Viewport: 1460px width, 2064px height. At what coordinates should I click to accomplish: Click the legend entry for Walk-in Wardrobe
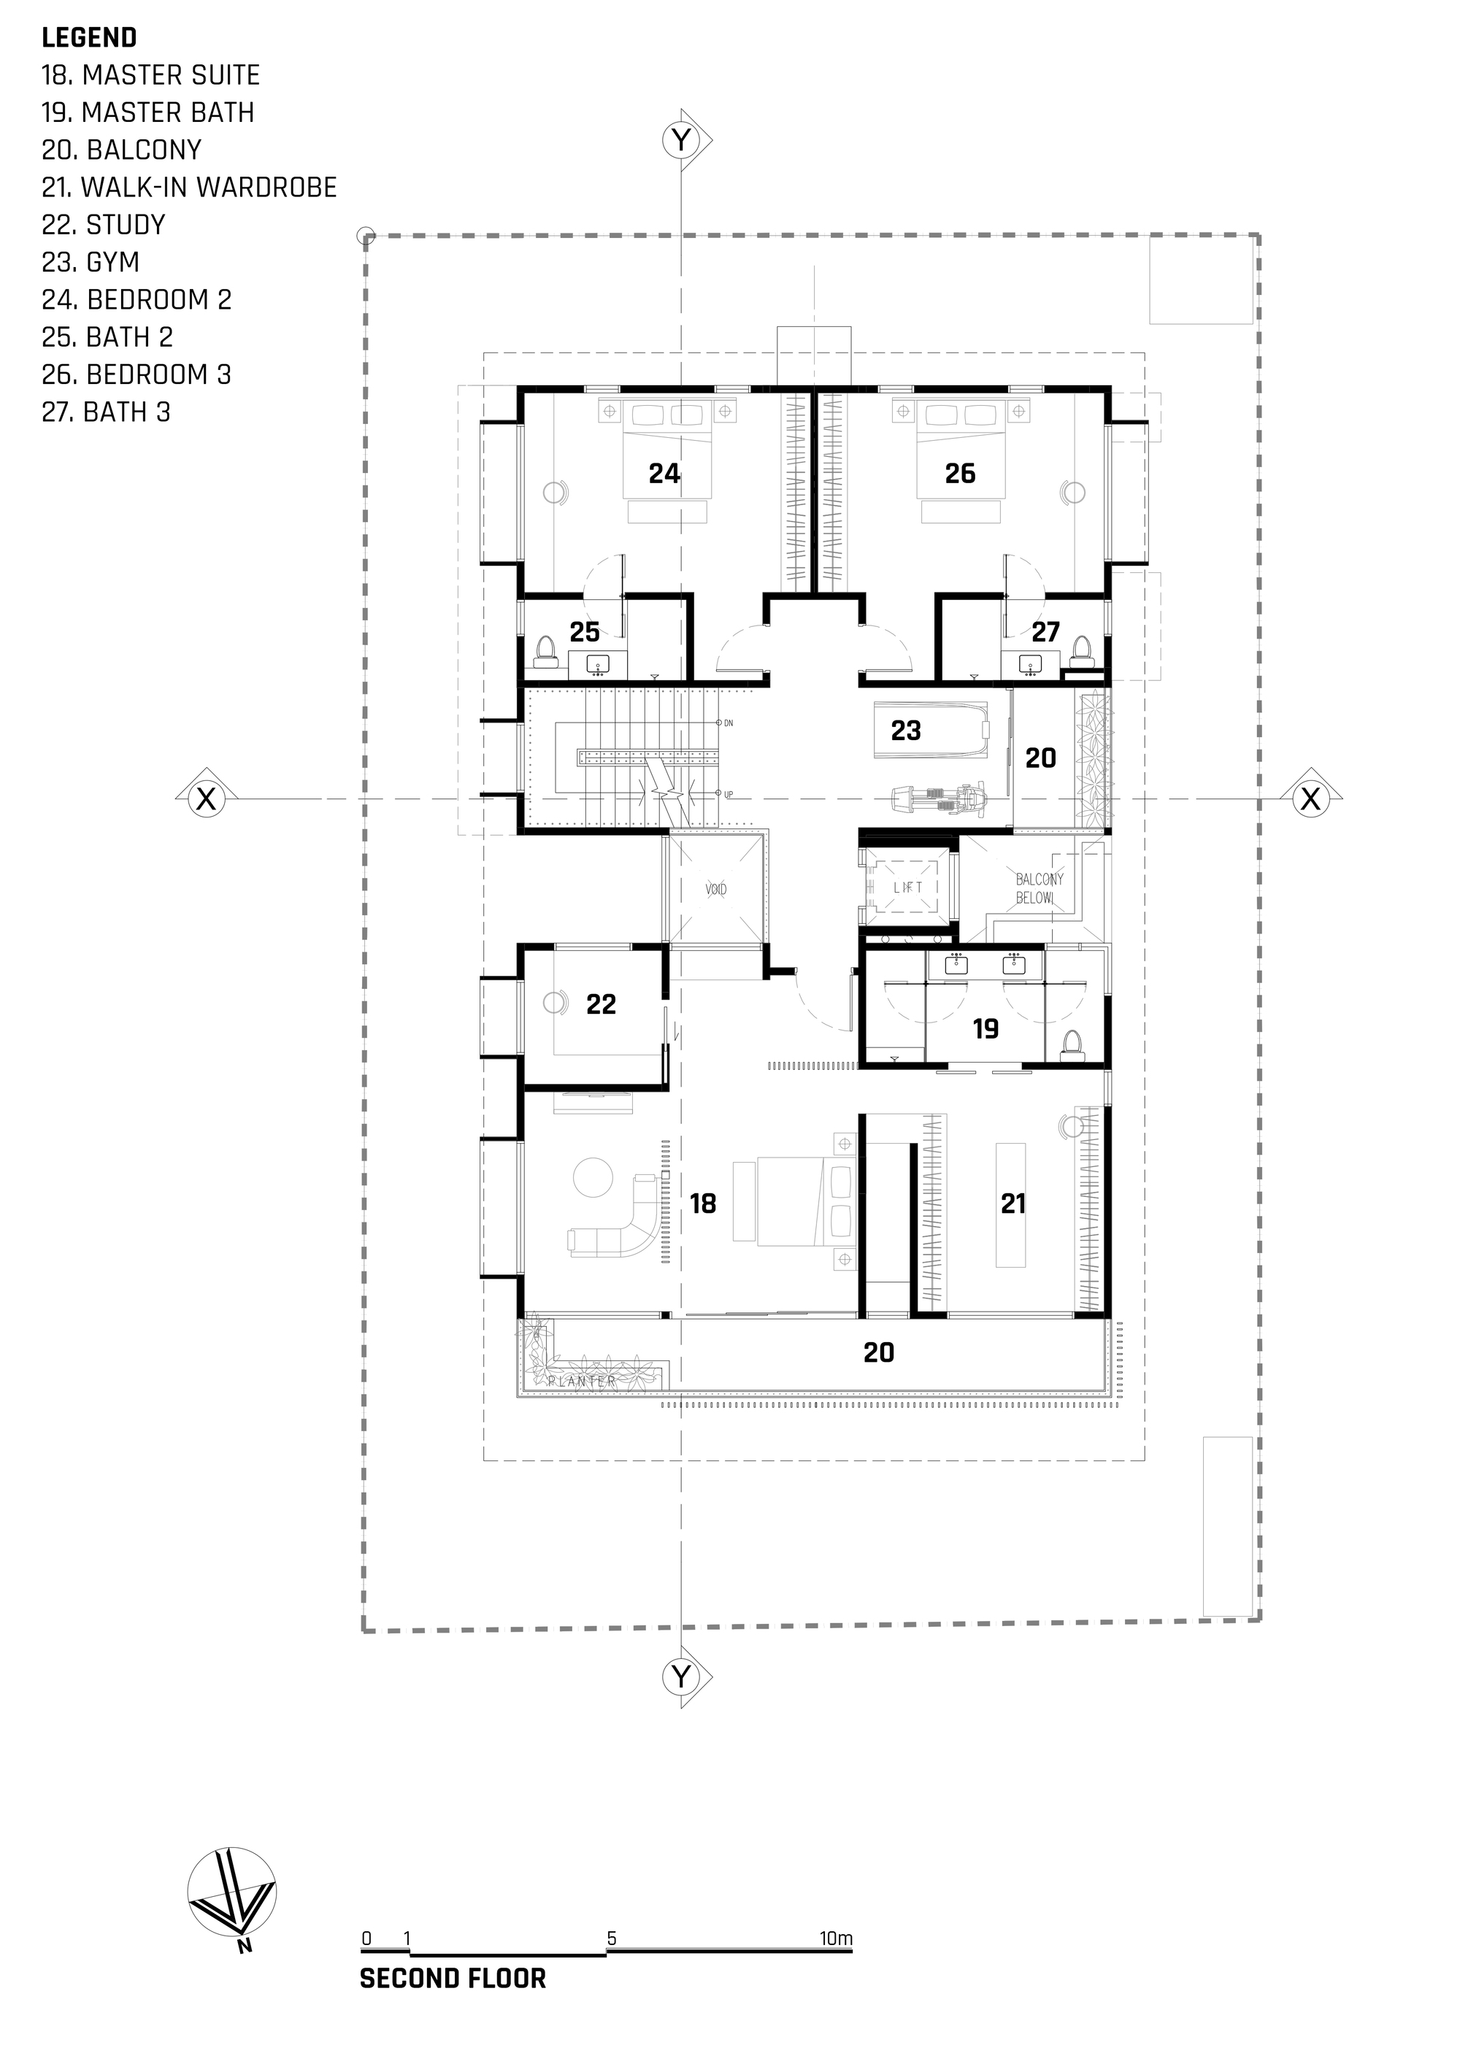point(189,187)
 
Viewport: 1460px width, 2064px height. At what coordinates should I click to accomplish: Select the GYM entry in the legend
point(91,261)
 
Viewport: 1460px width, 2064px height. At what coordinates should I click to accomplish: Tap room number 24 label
point(664,474)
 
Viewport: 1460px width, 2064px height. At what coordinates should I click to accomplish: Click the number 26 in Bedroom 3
point(960,474)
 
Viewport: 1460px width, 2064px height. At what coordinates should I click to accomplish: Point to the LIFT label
point(908,887)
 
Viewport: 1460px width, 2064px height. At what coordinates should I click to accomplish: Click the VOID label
point(715,889)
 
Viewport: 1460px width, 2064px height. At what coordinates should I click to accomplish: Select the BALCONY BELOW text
point(1040,888)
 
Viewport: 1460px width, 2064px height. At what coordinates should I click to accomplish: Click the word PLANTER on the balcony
point(583,1381)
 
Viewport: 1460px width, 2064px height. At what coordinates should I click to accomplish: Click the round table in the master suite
point(593,1177)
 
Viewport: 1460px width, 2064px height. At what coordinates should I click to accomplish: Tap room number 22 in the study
point(601,1004)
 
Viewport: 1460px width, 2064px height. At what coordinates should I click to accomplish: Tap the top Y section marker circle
point(683,140)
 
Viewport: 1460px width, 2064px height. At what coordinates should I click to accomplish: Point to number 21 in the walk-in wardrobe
point(1013,1204)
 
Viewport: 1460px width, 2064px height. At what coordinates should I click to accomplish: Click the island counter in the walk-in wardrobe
point(1010,1204)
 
